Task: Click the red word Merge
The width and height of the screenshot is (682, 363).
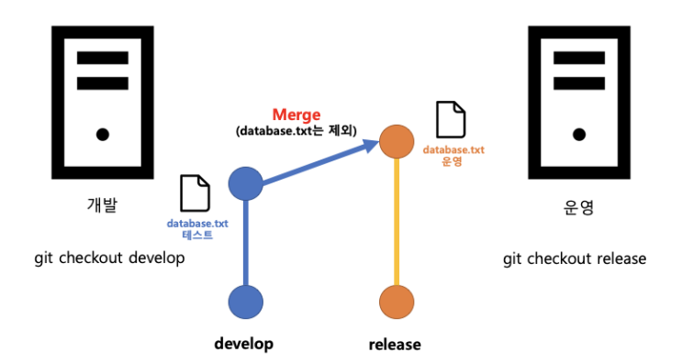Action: click(x=296, y=115)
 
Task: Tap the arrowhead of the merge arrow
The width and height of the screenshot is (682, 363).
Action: click(x=371, y=145)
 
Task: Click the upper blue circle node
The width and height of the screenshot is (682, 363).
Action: click(x=245, y=183)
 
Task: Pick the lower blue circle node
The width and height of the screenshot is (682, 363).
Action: click(x=245, y=302)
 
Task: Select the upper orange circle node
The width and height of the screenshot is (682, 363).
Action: click(x=397, y=141)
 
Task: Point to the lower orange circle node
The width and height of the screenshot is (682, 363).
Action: click(x=397, y=302)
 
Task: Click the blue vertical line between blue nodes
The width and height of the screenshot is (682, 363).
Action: click(x=245, y=243)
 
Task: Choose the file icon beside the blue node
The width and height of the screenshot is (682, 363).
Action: click(x=195, y=192)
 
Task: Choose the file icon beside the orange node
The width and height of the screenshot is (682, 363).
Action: click(x=450, y=119)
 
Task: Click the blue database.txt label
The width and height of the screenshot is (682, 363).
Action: click(x=197, y=223)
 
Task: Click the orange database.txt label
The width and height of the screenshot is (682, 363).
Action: click(x=453, y=149)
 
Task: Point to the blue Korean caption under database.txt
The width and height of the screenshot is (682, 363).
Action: click(x=196, y=236)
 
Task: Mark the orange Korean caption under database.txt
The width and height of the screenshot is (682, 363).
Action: click(x=452, y=162)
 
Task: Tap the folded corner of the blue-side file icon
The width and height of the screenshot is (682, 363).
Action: click(x=203, y=180)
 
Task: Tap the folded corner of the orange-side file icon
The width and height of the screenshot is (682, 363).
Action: click(x=459, y=106)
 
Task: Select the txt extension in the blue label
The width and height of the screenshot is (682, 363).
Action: click(x=220, y=223)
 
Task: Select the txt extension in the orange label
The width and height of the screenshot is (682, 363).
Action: click(x=476, y=149)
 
